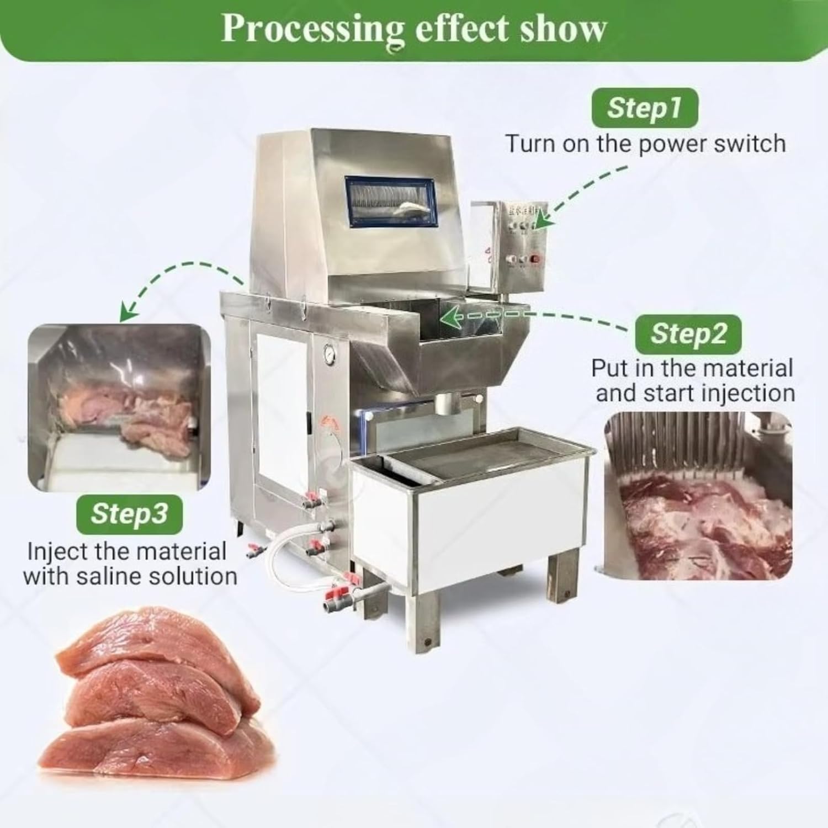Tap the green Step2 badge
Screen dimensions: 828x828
point(688,333)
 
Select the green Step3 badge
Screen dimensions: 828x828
point(129,513)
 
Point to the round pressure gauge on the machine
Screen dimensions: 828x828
point(331,354)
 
